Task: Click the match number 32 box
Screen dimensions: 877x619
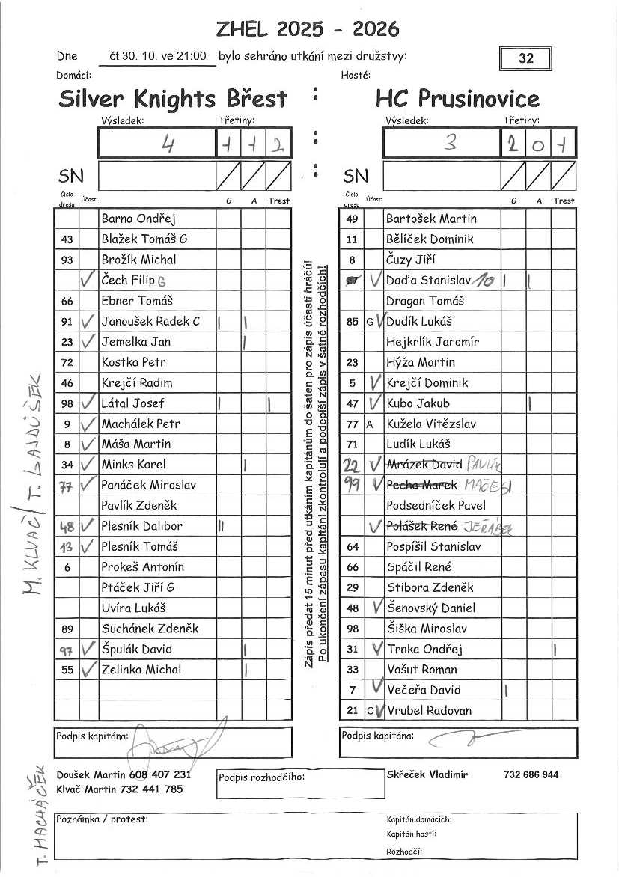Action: [525, 58]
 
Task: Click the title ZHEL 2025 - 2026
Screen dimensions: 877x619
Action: [307, 29]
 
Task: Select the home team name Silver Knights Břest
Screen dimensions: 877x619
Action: [173, 99]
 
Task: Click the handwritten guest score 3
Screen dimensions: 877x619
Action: [450, 143]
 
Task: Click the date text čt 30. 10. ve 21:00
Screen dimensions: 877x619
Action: [158, 56]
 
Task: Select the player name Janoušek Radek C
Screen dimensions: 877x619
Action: [150, 321]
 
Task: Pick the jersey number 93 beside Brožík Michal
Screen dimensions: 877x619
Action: [67, 260]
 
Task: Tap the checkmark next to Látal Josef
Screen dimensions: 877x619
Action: [88, 403]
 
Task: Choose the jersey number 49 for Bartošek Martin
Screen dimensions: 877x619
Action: [353, 219]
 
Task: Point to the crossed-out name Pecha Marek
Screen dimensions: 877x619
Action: [421, 485]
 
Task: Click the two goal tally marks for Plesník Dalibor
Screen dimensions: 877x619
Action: [222, 526]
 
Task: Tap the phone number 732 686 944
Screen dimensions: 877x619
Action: [531, 774]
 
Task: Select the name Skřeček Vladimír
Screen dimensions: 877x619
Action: [427, 774]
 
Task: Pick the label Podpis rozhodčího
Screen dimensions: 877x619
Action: [261, 777]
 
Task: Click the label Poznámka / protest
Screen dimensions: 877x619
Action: [102, 819]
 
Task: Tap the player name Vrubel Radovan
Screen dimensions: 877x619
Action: [429, 710]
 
